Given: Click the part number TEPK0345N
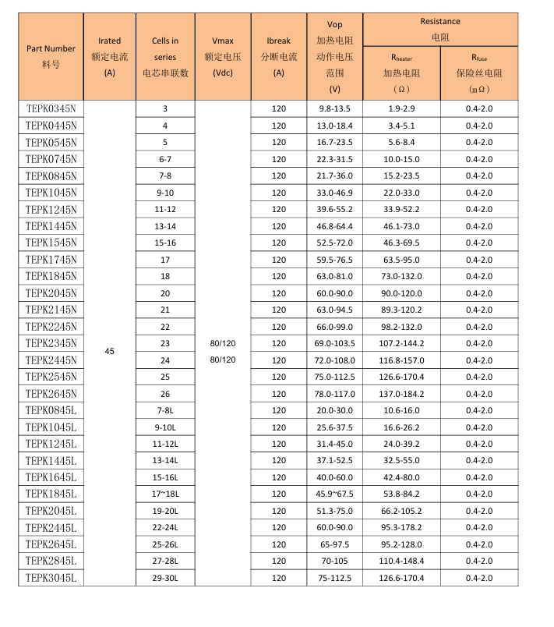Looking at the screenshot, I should pos(51,108).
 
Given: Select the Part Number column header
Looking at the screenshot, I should pos(51,56).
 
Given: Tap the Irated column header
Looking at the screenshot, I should pos(109,56).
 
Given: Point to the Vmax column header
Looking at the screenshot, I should pos(222,56).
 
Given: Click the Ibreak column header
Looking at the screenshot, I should pos(278,56).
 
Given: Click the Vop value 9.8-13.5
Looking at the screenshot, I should pos(334,108).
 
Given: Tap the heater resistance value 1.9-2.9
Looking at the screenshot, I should pos(401,108).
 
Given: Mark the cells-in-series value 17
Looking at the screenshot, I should pos(165,260).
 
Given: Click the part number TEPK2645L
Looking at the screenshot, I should pos(51,544).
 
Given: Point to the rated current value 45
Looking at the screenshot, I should pos(109,352).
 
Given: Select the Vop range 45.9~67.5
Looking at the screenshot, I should pos(334,494).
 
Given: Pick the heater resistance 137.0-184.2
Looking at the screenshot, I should pos(401,394).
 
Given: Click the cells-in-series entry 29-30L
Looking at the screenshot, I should pos(165,578).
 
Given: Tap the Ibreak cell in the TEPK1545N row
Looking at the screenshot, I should pos(278,243).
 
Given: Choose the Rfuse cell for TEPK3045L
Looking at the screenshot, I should pos(478,578).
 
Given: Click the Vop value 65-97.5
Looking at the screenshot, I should pos(334,544).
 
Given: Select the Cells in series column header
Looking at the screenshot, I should pos(165,56).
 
